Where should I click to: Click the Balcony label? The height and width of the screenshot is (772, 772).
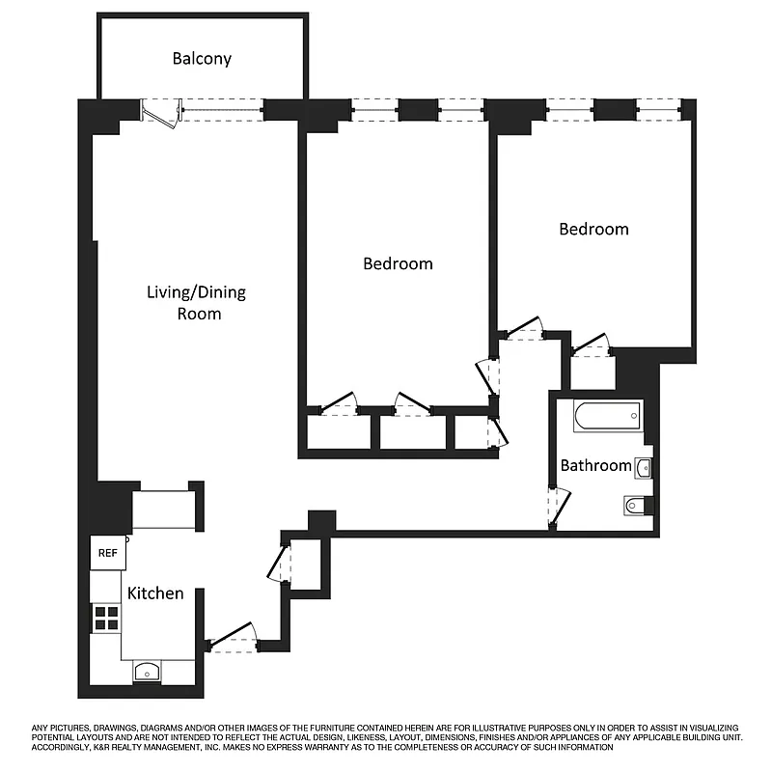click(202, 59)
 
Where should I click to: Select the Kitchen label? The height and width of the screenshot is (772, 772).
click(155, 593)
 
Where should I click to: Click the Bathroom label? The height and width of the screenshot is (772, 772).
click(595, 465)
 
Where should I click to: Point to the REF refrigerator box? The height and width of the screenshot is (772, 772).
click(106, 553)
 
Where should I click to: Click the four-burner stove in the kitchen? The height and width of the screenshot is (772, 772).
click(106, 618)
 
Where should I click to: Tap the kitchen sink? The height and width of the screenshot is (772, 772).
click(147, 672)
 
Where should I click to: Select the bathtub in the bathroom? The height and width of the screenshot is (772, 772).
click(606, 417)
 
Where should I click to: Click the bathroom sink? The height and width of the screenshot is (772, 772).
click(644, 469)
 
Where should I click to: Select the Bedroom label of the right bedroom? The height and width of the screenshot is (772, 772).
click(593, 229)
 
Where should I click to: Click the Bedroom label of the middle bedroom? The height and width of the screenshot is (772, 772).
click(397, 262)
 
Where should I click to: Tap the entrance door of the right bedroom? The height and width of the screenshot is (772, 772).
click(525, 331)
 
